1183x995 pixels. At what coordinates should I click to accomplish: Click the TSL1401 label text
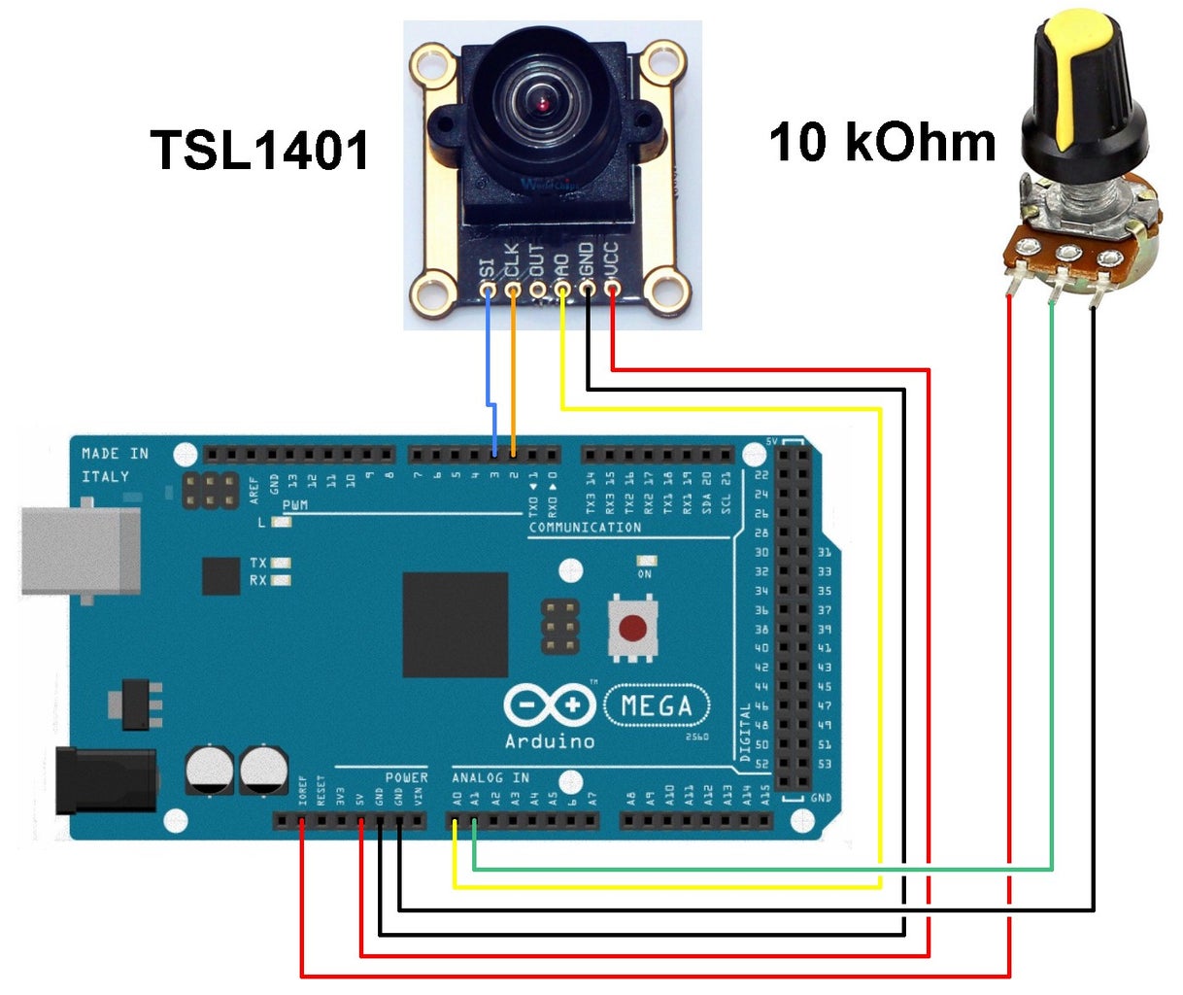coord(259,152)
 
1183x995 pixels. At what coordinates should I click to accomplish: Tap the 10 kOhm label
coord(882,142)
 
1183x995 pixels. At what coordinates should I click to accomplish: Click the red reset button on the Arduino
coord(632,629)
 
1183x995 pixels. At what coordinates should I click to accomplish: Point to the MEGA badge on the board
coord(657,705)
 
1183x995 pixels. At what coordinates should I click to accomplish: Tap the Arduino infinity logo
coord(549,704)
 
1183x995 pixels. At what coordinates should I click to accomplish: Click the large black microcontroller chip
coord(456,624)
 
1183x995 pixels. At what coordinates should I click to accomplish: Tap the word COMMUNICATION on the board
coord(585,528)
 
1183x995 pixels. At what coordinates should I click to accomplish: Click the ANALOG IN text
coord(490,777)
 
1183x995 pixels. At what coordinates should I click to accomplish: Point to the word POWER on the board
coord(406,777)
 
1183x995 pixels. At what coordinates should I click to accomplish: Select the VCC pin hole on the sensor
coord(612,288)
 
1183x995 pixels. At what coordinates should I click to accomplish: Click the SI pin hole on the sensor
coord(488,289)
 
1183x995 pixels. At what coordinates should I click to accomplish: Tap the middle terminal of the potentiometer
coord(1067,255)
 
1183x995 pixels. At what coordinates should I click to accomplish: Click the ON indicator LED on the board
coord(645,562)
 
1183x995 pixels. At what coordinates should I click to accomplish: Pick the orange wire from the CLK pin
coord(513,369)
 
